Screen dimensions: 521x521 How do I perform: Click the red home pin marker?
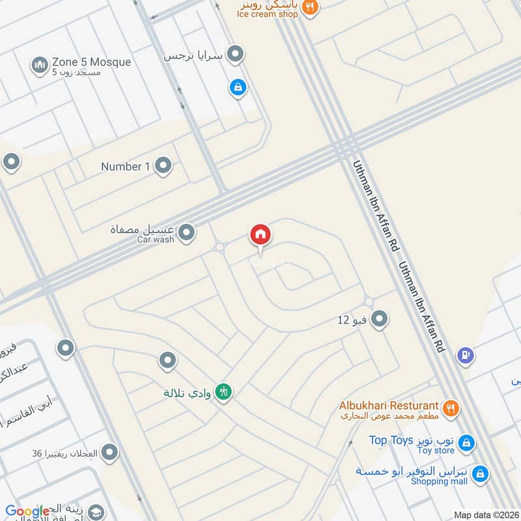click(260, 236)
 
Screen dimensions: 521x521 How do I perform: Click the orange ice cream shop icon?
click(311, 7)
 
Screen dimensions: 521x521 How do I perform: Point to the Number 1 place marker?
click(163, 167)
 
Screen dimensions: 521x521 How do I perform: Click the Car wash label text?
click(156, 240)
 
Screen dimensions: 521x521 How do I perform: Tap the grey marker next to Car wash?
click(187, 232)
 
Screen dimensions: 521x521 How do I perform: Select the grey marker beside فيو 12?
click(380, 319)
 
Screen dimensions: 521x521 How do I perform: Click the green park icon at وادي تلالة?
click(224, 391)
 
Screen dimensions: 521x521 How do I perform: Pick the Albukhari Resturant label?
click(389, 406)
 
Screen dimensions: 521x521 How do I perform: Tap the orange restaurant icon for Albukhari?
click(450, 409)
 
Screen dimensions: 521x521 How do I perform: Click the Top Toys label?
click(391, 440)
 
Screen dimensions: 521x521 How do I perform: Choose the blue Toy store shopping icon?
click(466, 443)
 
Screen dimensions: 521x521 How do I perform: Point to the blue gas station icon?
click(466, 355)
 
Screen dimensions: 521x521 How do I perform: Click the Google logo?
click(27, 511)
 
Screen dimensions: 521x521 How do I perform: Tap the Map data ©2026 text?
click(486, 514)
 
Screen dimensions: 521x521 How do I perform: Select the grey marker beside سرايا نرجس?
click(236, 55)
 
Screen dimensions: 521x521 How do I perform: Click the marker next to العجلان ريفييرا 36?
click(109, 451)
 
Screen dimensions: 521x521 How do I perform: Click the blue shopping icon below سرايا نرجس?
click(238, 87)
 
